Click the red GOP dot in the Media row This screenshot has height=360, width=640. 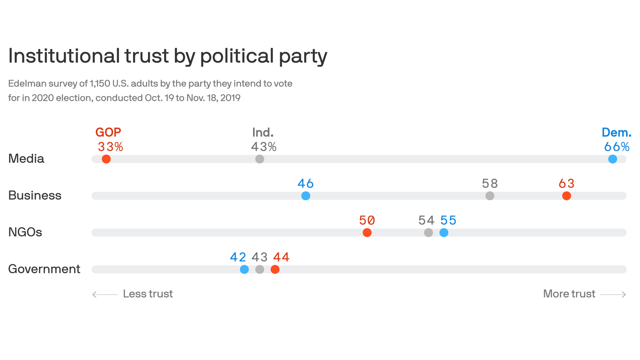coord(106,159)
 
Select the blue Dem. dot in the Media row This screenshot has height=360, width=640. coord(612,159)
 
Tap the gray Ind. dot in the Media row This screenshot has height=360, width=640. coord(260,159)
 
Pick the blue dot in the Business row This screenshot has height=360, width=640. coord(305,195)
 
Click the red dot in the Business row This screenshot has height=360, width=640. coord(566,195)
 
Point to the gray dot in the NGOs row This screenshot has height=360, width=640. coord(428,232)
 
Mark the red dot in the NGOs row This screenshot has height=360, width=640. coord(367,232)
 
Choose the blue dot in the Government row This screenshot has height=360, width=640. coord(244,269)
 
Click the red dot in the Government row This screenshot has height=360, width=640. coord(275,269)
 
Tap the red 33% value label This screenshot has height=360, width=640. coord(111,147)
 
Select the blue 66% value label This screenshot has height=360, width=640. coord(617,147)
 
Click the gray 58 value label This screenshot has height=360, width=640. coord(490,183)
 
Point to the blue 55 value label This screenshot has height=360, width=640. coord(448,220)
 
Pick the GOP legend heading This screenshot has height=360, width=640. coord(108,132)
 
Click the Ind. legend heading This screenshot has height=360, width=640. coord(262,132)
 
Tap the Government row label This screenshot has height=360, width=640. coord(45,269)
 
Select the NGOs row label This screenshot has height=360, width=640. coord(25,232)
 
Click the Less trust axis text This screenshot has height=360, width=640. coord(148,294)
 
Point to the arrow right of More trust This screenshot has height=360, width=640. coord(613,294)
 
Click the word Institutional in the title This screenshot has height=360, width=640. coord(64,56)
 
